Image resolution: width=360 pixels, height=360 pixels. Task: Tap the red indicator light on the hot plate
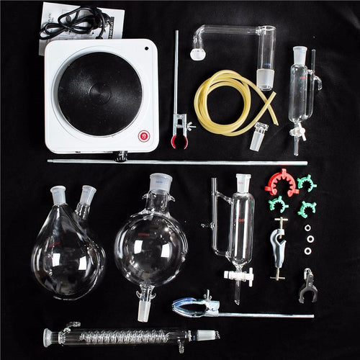pyautogui.click(x=143, y=135)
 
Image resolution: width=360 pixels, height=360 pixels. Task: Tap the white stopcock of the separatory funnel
pyautogui.click(x=238, y=275)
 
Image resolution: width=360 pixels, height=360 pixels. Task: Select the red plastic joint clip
pyautogui.click(x=281, y=182)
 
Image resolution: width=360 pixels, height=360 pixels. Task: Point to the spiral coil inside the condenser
pyautogui.click(x=122, y=336)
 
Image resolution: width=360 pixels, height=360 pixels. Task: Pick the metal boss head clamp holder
pyautogui.click(x=277, y=248)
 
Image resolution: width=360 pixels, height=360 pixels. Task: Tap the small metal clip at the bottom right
pyautogui.click(x=307, y=285)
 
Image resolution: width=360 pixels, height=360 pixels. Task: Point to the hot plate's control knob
pyautogui.click(x=122, y=156)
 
